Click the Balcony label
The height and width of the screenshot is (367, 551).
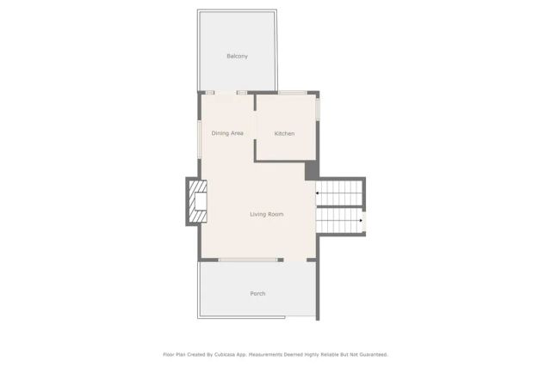pyautogui.click(x=237, y=57)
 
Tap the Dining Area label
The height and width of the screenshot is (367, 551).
pyautogui.click(x=227, y=133)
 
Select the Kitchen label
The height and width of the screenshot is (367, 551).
pyautogui.click(x=284, y=133)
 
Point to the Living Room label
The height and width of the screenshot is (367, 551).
pyautogui.click(x=266, y=214)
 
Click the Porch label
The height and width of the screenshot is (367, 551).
pyautogui.click(x=257, y=294)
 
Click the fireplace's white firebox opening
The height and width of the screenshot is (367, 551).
pyautogui.click(x=200, y=203)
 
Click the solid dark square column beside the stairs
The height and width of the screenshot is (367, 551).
pyautogui.click(x=311, y=170)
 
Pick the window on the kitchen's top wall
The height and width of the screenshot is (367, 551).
pyautogui.click(x=291, y=92)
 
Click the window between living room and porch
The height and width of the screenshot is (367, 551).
pyautogui.click(x=248, y=260)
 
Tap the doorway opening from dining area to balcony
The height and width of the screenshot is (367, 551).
pyautogui.click(x=226, y=92)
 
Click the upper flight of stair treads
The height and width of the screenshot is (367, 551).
pyautogui.click(x=339, y=193)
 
